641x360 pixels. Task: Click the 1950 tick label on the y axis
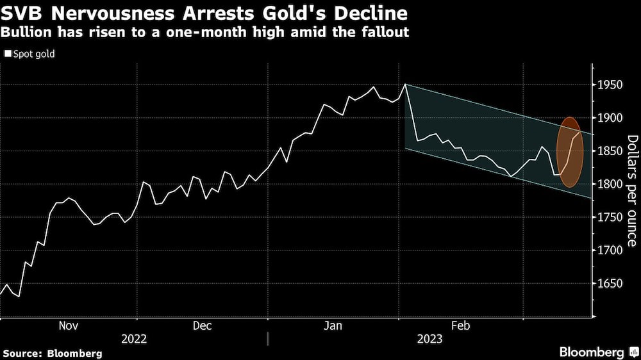(x=610, y=85)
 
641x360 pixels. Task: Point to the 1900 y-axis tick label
(x=610, y=118)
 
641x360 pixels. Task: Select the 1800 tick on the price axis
(x=610, y=184)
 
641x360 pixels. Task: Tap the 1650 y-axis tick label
(x=610, y=284)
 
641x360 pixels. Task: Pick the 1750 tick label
(x=610, y=218)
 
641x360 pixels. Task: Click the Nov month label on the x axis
(x=69, y=326)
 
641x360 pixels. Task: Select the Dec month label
(x=202, y=326)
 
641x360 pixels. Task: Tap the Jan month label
(x=333, y=326)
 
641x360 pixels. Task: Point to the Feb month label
(x=460, y=326)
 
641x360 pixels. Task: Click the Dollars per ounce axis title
(x=632, y=190)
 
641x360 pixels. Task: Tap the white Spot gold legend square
(x=8, y=54)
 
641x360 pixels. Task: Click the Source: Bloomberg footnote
(x=53, y=353)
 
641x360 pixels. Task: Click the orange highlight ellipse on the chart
(x=570, y=152)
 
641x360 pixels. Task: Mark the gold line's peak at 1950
(x=405, y=84)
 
